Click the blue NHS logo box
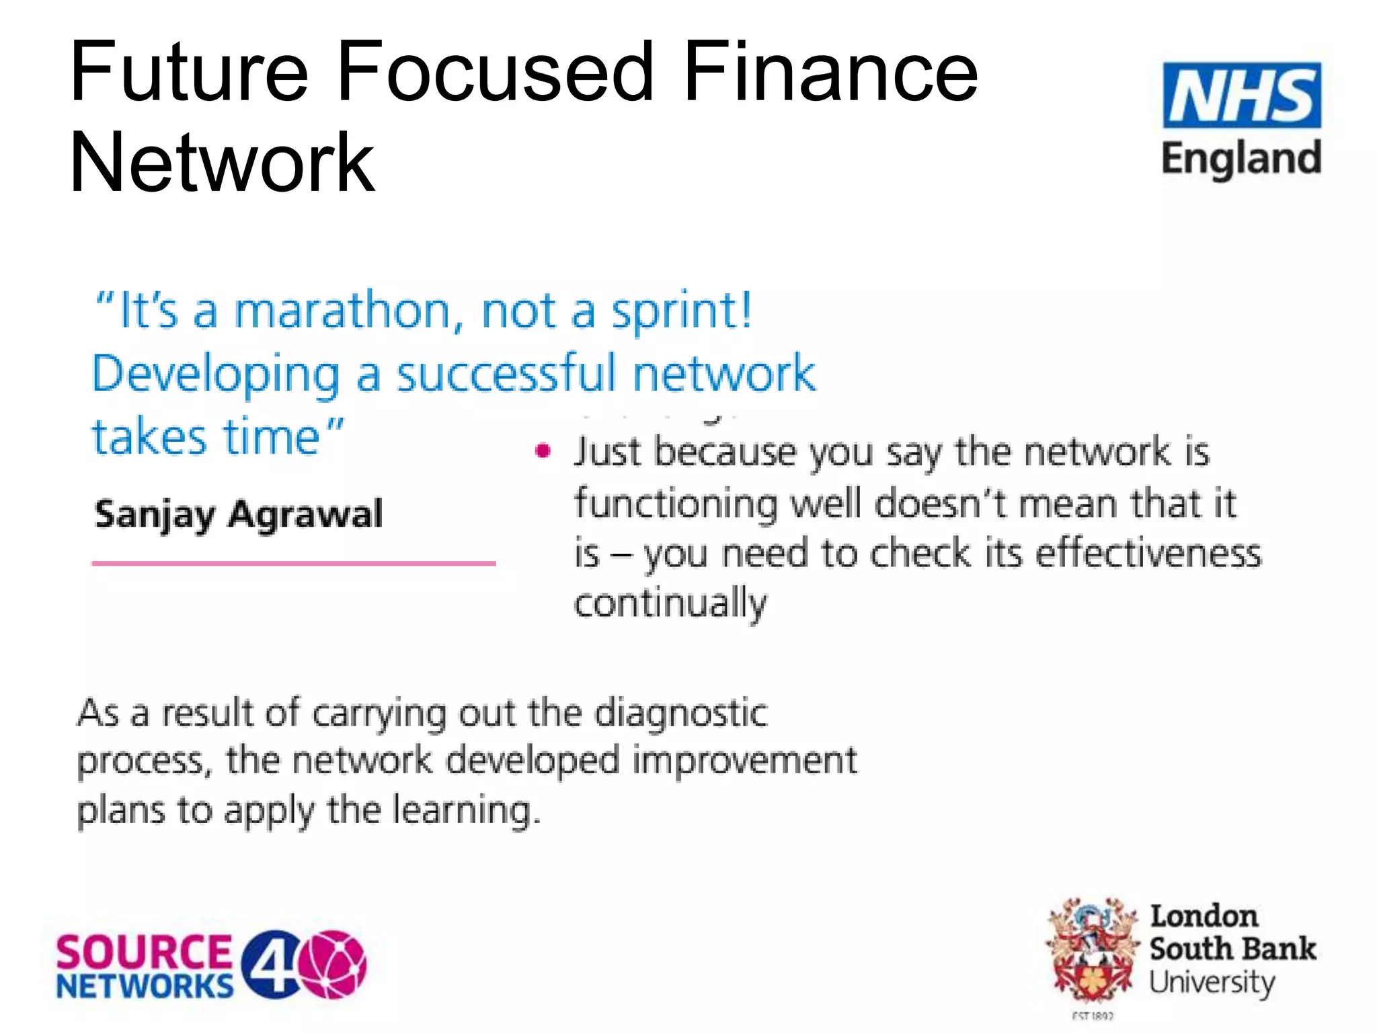1241,95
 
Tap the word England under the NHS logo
1241,159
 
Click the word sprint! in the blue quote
681,311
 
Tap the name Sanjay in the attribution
154,515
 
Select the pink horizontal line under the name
293,563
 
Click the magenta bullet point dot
543,451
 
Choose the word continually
670,603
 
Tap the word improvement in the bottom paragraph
744,761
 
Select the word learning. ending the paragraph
466,810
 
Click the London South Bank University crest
1093,948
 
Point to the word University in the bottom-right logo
1212,983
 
